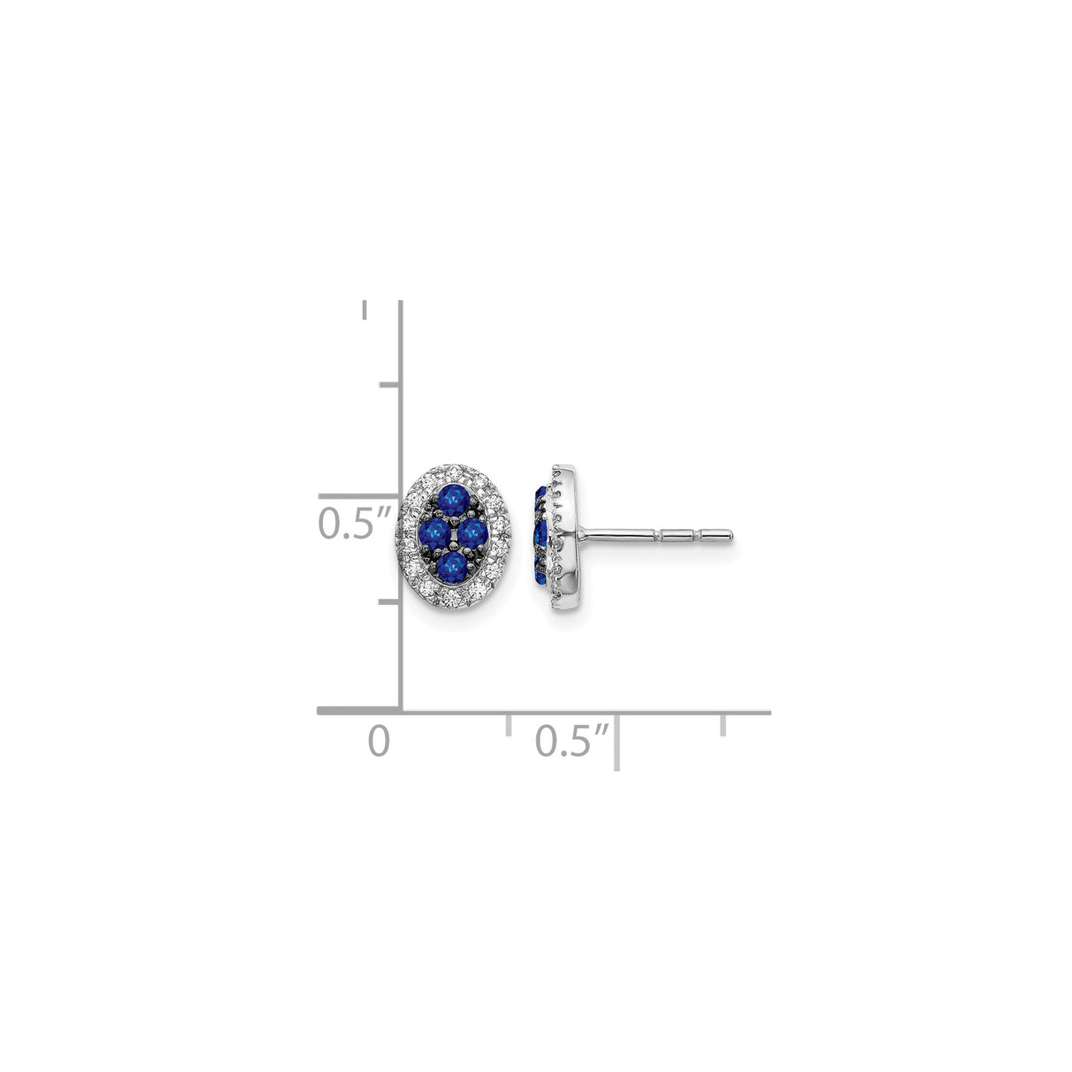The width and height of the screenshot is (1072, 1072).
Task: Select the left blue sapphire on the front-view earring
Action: point(436,531)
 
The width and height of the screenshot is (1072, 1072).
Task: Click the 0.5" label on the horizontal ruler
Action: point(572,739)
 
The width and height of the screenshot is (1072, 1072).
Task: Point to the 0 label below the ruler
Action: point(379,739)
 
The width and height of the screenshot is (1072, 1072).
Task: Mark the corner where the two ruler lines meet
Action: point(403,710)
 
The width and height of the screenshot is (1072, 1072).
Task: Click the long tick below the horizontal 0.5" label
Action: point(616,742)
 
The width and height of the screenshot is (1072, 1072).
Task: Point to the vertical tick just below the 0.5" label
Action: point(389,602)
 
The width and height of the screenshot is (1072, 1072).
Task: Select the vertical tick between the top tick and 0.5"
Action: point(389,385)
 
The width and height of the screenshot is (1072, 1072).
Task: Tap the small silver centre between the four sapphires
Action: point(454,532)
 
